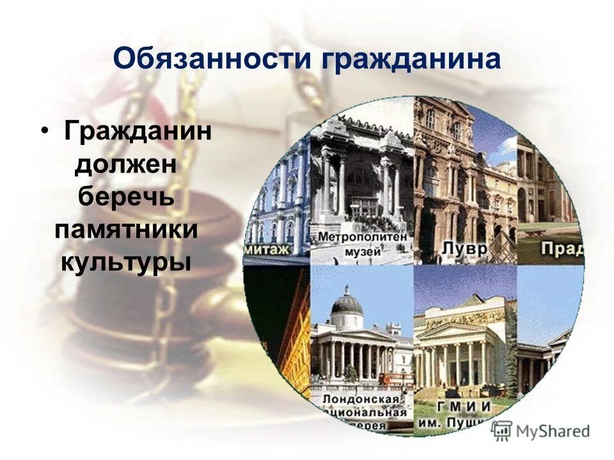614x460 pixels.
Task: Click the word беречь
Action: pyautogui.click(x=127, y=197)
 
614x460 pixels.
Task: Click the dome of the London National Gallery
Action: pyautogui.click(x=347, y=302)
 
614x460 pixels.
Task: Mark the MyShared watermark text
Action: pyautogui.click(x=553, y=431)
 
